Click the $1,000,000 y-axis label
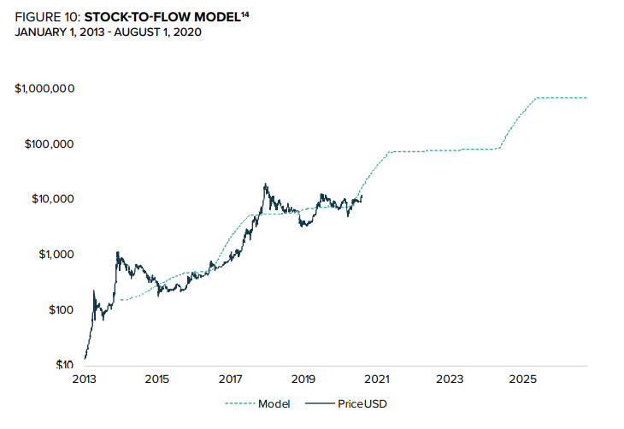tap(45, 89)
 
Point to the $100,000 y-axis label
tap(49, 144)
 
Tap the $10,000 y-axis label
tap(52, 199)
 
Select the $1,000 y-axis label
tap(56, 255)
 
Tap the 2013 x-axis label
tap(84, 379)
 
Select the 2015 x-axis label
tap(156, 379)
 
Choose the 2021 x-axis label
tap(377, 379)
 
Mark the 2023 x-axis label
tap(450, 379)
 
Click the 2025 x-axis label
tap(523, 379)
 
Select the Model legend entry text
tap(274, 403)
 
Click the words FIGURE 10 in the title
tap(48, 17)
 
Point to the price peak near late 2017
tap(267, 184)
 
